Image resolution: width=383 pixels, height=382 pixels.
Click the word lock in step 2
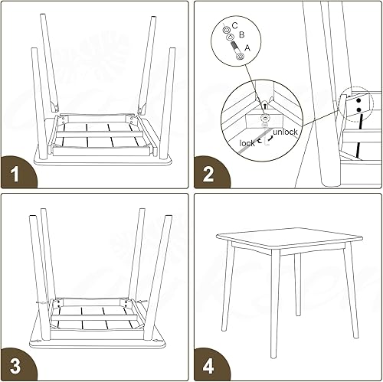[x=247, y=143]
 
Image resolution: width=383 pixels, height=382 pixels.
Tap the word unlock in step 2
[x=285, y=132]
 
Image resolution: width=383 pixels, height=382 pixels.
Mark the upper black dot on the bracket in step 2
[x=357, y=98]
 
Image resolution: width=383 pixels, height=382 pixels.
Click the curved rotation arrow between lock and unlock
[x=267, y=139]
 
